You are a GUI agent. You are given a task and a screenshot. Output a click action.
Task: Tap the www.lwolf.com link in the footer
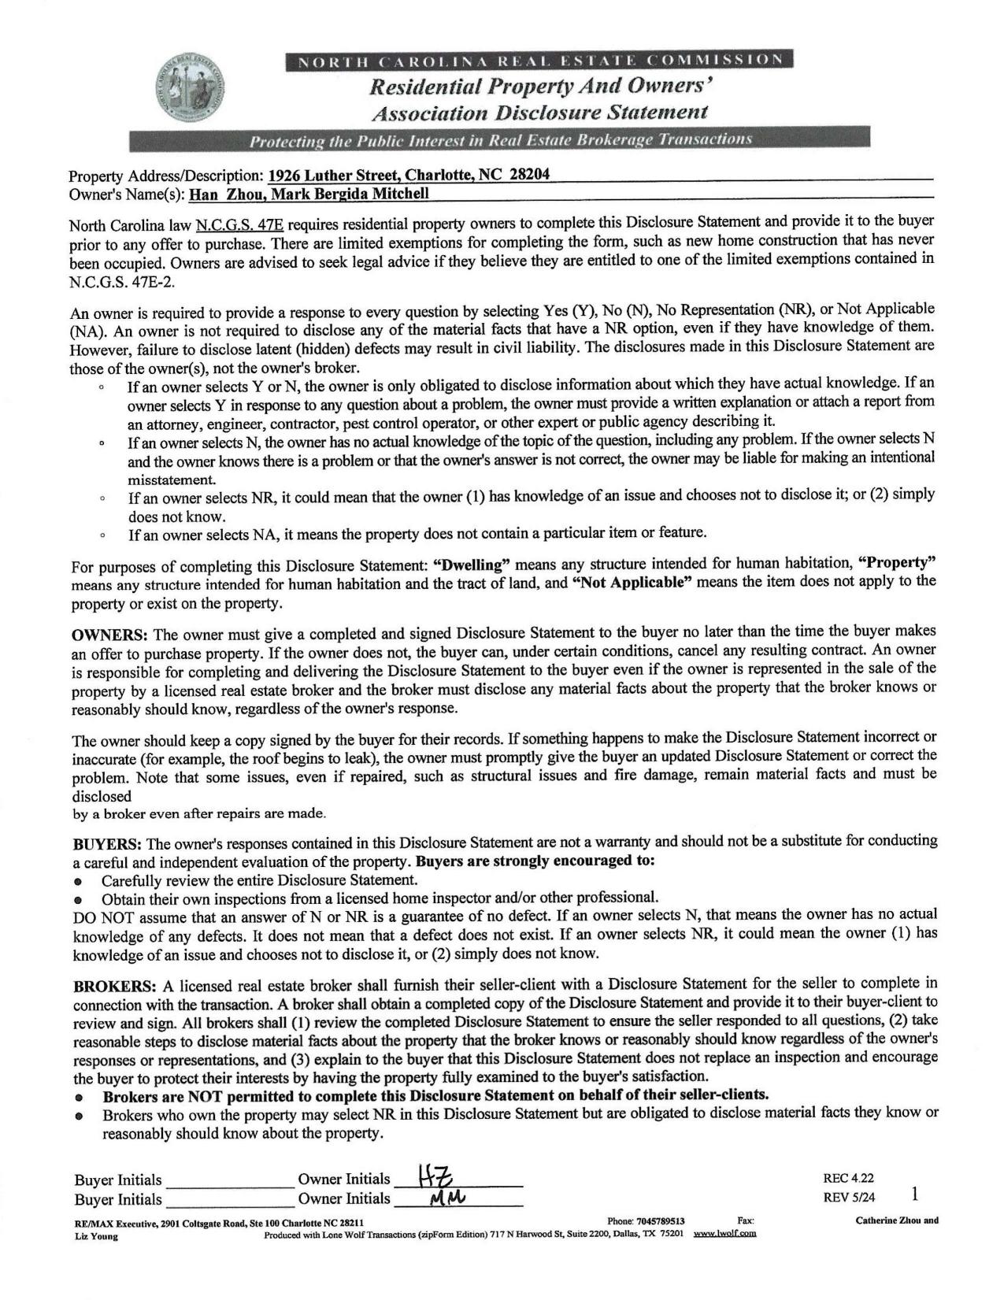[x=724, y=1233]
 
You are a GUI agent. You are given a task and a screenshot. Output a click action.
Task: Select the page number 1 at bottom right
[x=914, y=1194]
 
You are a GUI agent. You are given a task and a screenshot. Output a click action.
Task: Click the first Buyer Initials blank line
[x=228, y=1180]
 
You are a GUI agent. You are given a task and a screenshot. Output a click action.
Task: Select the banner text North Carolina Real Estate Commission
[x=539, y=61]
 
